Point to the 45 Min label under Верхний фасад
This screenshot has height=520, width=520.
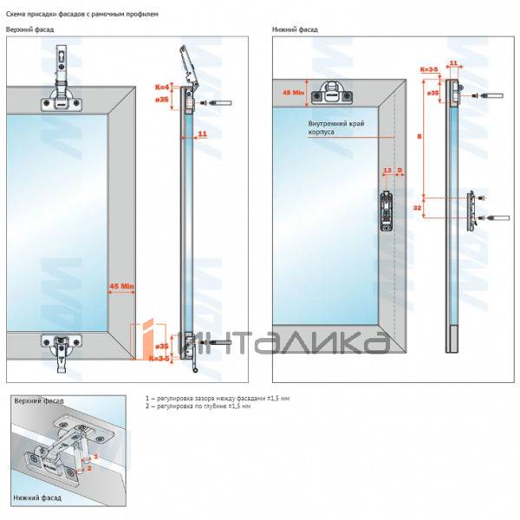tap(120, 284)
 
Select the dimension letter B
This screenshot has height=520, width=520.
tap(419, 136)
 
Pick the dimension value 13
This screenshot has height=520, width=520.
tap(387, 171)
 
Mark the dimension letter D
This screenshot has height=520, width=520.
tap(399, 171)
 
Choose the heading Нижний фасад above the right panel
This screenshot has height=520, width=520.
tap(295, 29)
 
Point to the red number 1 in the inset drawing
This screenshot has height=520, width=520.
tap(96, 455)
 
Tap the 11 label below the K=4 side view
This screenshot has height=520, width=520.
tap(202, 133)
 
